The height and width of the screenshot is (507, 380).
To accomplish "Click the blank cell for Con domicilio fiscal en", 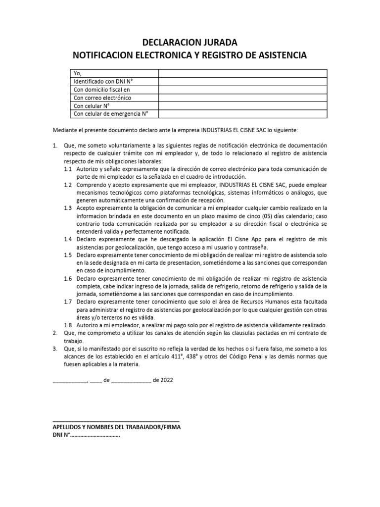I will pos(242,90).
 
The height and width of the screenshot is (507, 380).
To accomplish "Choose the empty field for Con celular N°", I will pos(242,106).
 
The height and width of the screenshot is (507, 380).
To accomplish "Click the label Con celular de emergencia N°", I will pos(111,114).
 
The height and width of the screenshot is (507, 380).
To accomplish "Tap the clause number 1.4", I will pos(68,239).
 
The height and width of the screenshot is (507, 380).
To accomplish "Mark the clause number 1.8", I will pos(68,325).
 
